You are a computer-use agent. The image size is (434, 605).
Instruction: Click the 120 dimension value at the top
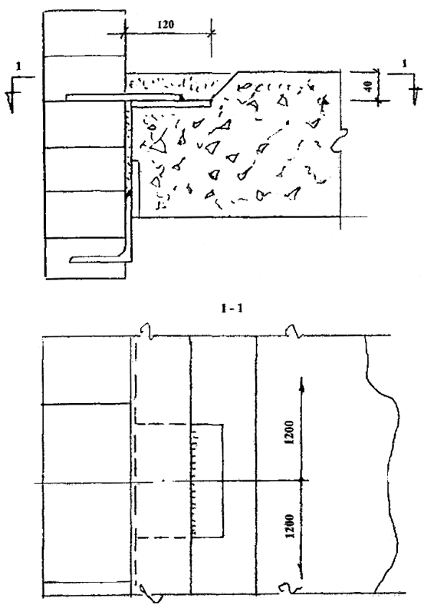(166, 25)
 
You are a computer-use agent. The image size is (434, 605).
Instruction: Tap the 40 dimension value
(368, 87)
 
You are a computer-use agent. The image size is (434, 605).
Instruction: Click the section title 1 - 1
(232, 309)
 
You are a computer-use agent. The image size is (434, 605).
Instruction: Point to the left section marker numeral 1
(18, 66)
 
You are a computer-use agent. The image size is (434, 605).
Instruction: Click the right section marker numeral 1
(404, 64)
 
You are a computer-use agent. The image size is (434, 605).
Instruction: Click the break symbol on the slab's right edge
(339, 140)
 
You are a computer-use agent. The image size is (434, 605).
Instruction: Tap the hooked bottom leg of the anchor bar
(101, 259)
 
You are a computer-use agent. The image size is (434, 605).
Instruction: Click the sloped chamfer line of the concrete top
(225, 86)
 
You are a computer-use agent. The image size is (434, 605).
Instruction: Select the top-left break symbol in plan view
(147, 332)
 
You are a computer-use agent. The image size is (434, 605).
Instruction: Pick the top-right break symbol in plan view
(294, 332)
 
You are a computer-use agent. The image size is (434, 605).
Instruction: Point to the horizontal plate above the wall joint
(124, 97)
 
